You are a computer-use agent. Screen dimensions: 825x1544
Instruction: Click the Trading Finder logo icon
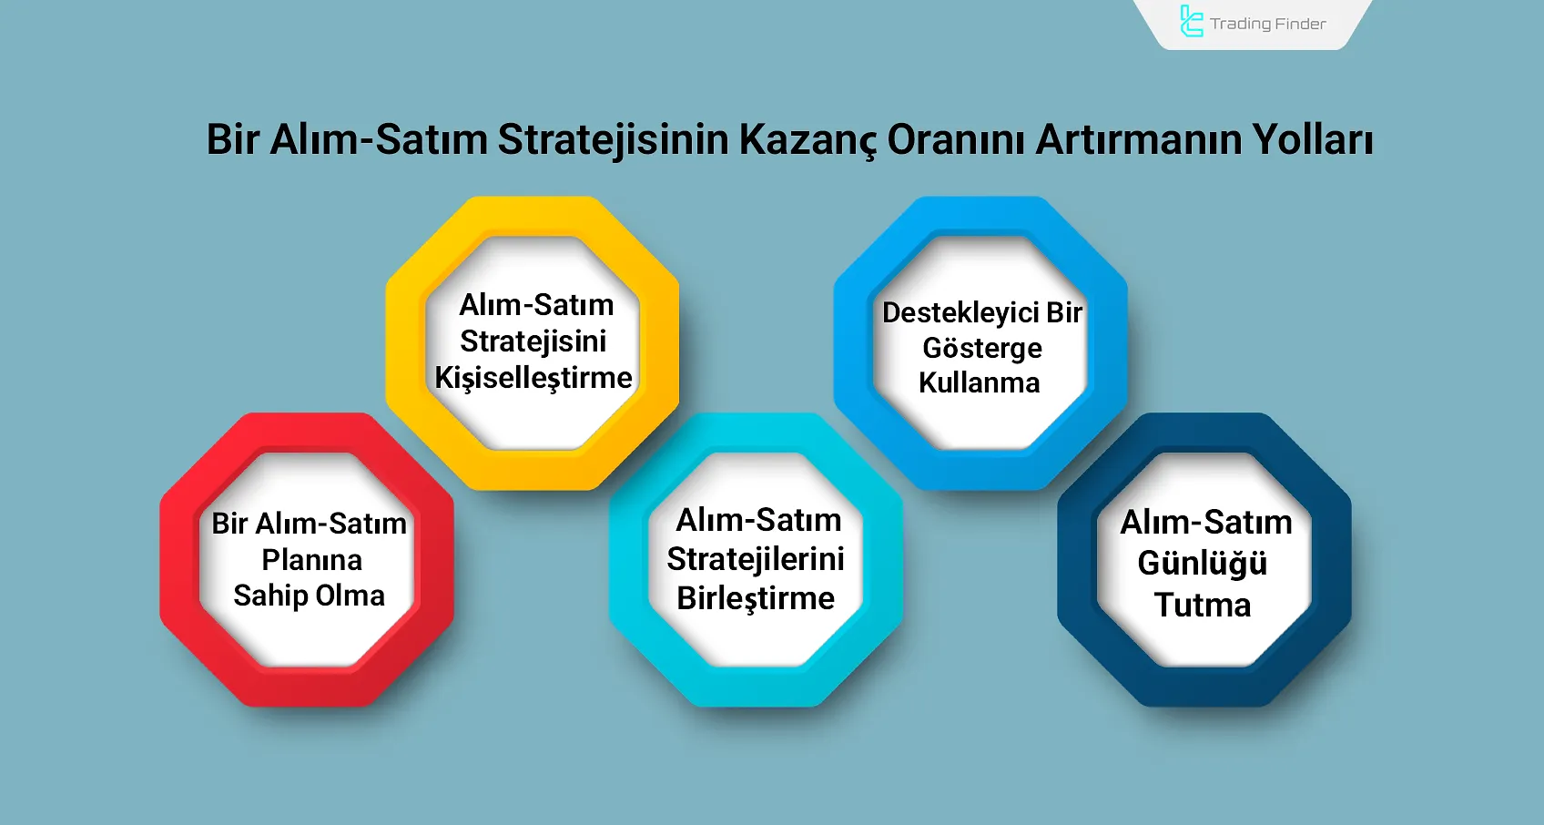tap(1191, 22)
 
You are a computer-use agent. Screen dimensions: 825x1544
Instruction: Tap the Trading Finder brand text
tap(1267, 24)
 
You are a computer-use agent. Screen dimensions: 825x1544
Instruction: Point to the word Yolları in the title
tap(1312, 140)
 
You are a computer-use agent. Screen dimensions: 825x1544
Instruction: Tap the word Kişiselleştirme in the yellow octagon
tap(533, 378)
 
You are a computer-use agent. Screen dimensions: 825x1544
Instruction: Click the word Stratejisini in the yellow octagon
tap(533, 341)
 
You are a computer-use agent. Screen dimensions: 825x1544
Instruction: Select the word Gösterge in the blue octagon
tap(982, 348)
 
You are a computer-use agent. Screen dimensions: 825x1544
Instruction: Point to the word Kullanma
tap(980, 383)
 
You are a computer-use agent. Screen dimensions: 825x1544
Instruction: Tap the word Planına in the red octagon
tap(311, 560)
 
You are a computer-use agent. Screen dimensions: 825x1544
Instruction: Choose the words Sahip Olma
tap(310, 596)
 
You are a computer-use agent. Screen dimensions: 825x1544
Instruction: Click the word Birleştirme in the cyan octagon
tap(756, 599)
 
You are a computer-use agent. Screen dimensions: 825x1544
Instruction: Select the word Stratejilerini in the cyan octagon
tap(756, 559)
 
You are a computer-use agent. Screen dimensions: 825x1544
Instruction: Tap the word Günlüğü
tap(1203, 564)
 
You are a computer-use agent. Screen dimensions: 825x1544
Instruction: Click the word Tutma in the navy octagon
tap(1203, 606)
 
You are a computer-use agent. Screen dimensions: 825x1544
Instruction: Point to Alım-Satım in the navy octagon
tap(1206, 523)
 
